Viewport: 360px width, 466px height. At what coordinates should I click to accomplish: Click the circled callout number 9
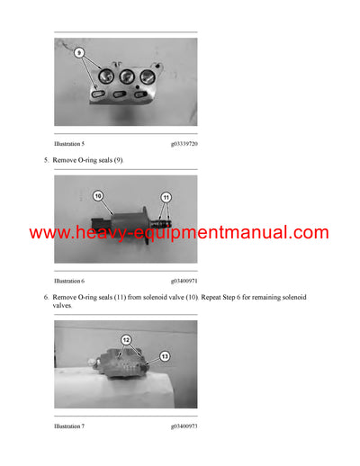coord(79,53)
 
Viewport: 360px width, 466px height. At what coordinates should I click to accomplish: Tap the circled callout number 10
coord(98,195)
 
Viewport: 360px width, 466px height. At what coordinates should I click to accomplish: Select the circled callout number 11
coord(165,196)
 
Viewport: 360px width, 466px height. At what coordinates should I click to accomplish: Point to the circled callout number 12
coord(127,339)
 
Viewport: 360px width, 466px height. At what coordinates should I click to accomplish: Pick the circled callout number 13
coord(163,355)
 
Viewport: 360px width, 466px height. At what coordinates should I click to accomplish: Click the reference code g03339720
coord(184,143)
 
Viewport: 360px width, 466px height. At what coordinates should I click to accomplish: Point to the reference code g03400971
coord(184,282)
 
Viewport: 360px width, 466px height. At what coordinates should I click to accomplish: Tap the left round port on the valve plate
coord(101,78)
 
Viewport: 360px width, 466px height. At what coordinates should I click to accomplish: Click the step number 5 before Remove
coord(46,160)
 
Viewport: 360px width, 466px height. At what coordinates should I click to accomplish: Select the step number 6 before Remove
coord(46,296)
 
